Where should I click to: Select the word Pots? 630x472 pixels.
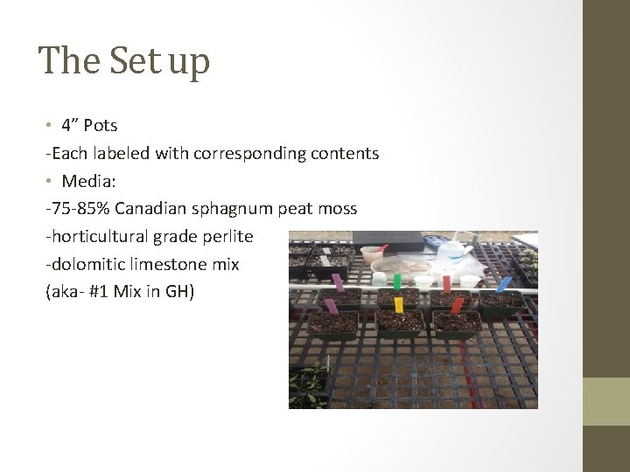[101, 125]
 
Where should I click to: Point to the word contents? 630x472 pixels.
[345, 154]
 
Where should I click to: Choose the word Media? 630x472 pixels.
[85, 182]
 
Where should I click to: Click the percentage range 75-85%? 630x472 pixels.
[80, 209]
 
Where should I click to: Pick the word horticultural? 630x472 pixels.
[98, 236]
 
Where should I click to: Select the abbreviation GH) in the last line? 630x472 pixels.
[179, 292]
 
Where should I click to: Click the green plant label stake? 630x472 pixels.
[396, 281]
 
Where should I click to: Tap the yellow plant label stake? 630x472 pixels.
[399, 304]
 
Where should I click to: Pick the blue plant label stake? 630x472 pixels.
[503, 284]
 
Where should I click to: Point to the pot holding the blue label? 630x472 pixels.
[501, 302]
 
